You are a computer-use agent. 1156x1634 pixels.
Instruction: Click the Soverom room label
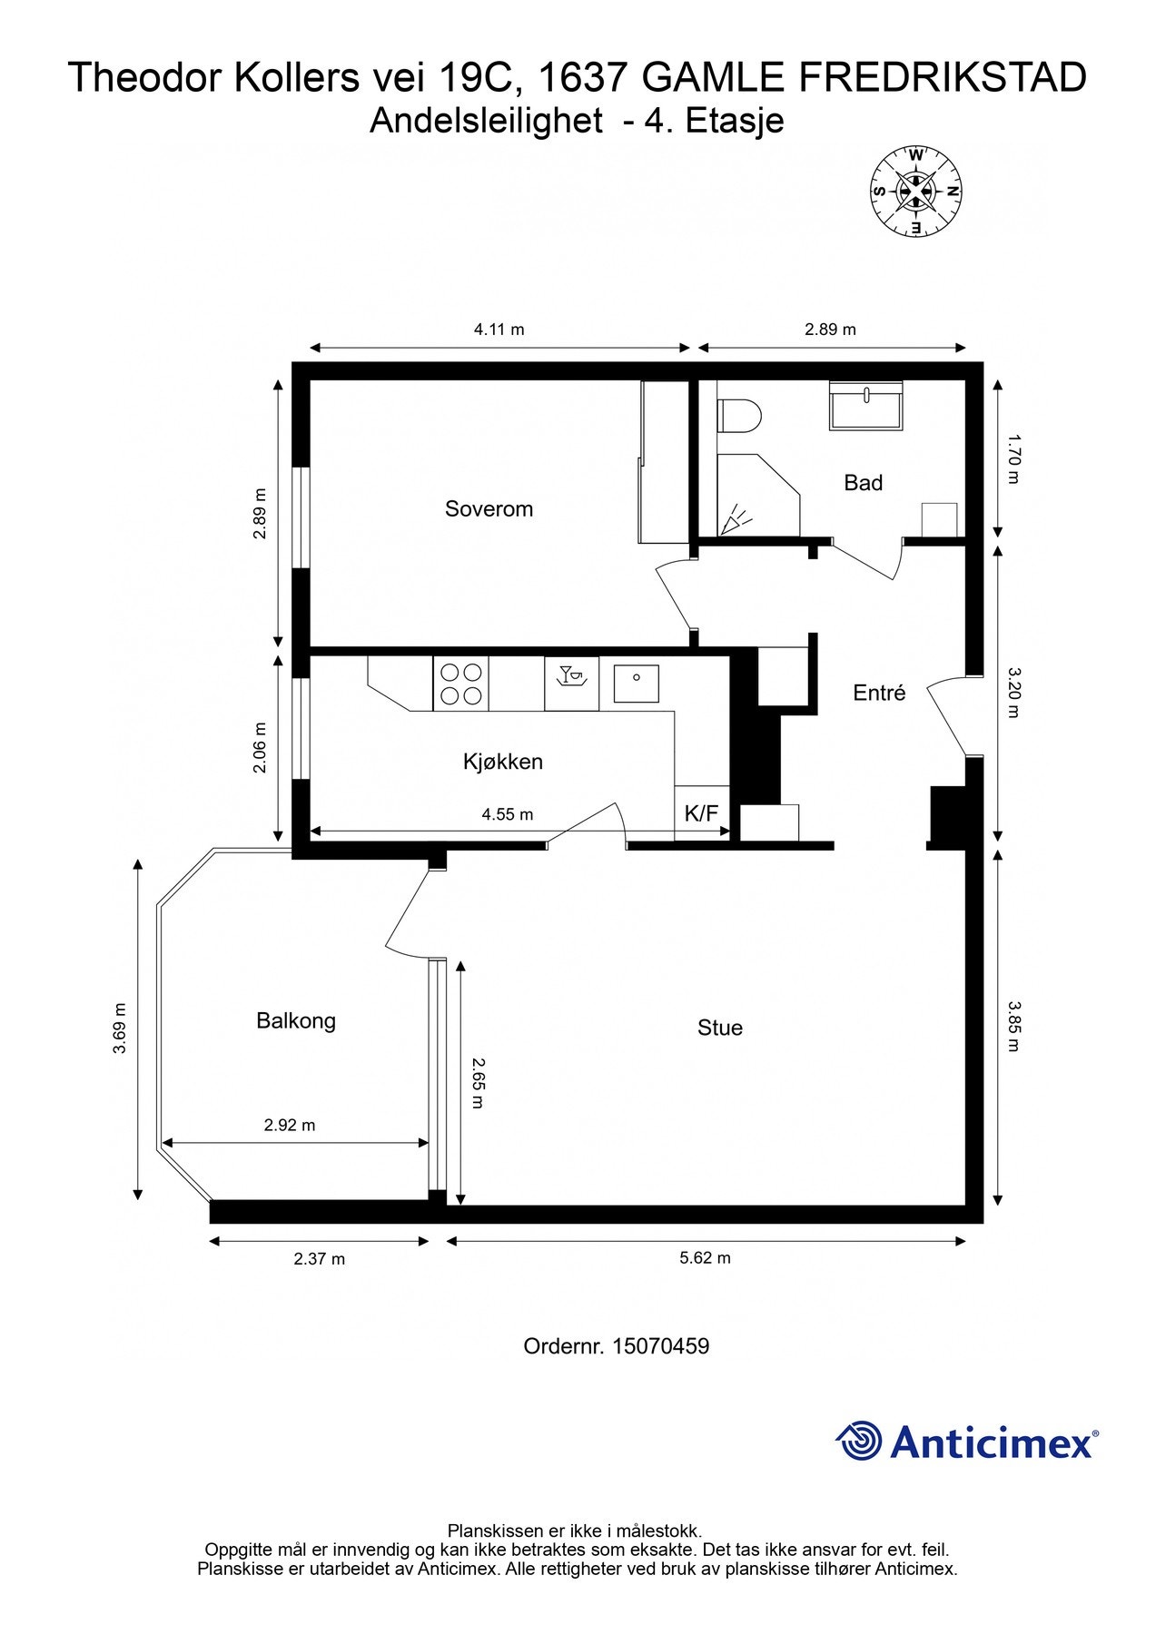tap(489, 508)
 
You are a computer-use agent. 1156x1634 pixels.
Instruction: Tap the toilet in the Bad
tap(738, 417)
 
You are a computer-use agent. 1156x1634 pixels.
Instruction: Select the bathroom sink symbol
tap(866, 406)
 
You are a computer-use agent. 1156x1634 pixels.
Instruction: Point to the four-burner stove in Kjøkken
tap(460, 684)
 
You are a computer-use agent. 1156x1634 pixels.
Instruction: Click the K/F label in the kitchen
tap(701, 813)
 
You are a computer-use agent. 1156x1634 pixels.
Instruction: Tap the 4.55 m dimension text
tap(507, 814)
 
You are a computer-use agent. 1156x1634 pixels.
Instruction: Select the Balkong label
tap(296, 1020)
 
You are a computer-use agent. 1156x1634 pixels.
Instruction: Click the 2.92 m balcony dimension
tap(290, 1125)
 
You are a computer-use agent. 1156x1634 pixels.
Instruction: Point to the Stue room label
tap(720, 1028)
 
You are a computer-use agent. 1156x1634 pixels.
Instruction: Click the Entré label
tap(879, 693)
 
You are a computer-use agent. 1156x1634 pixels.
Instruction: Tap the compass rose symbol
tap(915, 192)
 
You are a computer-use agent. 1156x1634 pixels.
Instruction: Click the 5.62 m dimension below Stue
tap(705, 1257)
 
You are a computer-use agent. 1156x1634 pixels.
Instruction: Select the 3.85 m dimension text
tap(1014, 1026)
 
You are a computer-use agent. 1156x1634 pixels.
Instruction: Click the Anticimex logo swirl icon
tap(859, 1441)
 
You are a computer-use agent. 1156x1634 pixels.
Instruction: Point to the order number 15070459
tap(660, 1345)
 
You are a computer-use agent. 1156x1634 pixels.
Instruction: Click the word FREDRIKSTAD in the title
tap(943, 78)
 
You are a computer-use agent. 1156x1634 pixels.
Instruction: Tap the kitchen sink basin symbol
tap(636, 683)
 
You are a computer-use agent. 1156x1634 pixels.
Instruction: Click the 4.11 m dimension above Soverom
tap(499, 330)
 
